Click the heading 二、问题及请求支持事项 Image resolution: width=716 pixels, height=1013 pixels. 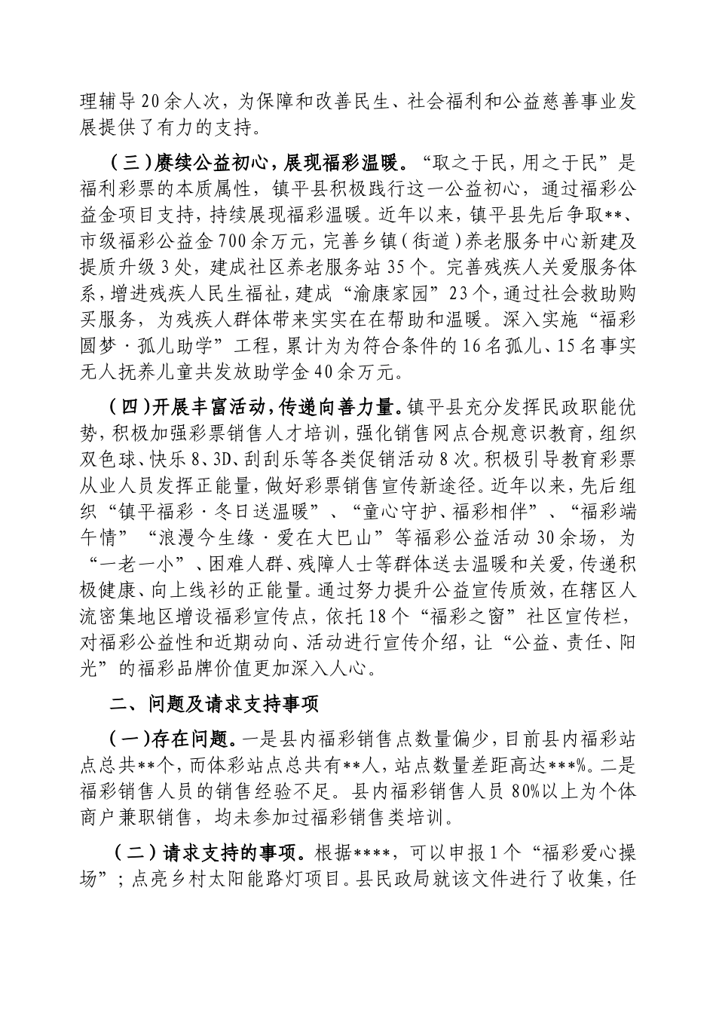[214, 704]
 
